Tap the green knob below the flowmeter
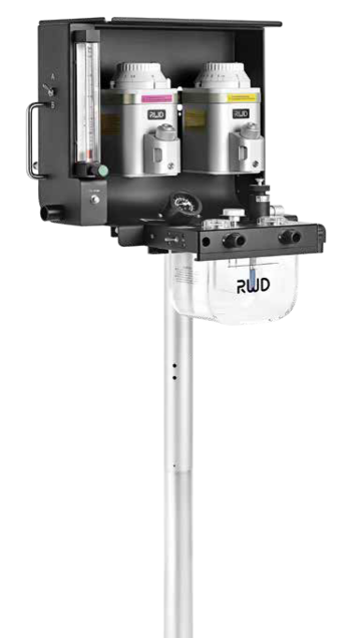pyautogui.click(x=103, y=170)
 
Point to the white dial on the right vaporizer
pyautogui.click(x=223, y=76)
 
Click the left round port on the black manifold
pyautogui.click(x=228, y=239)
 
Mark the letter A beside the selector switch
pyautogui.click(x=52, y=76)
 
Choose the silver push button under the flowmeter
pyautogui.click(x=94, y=198)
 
